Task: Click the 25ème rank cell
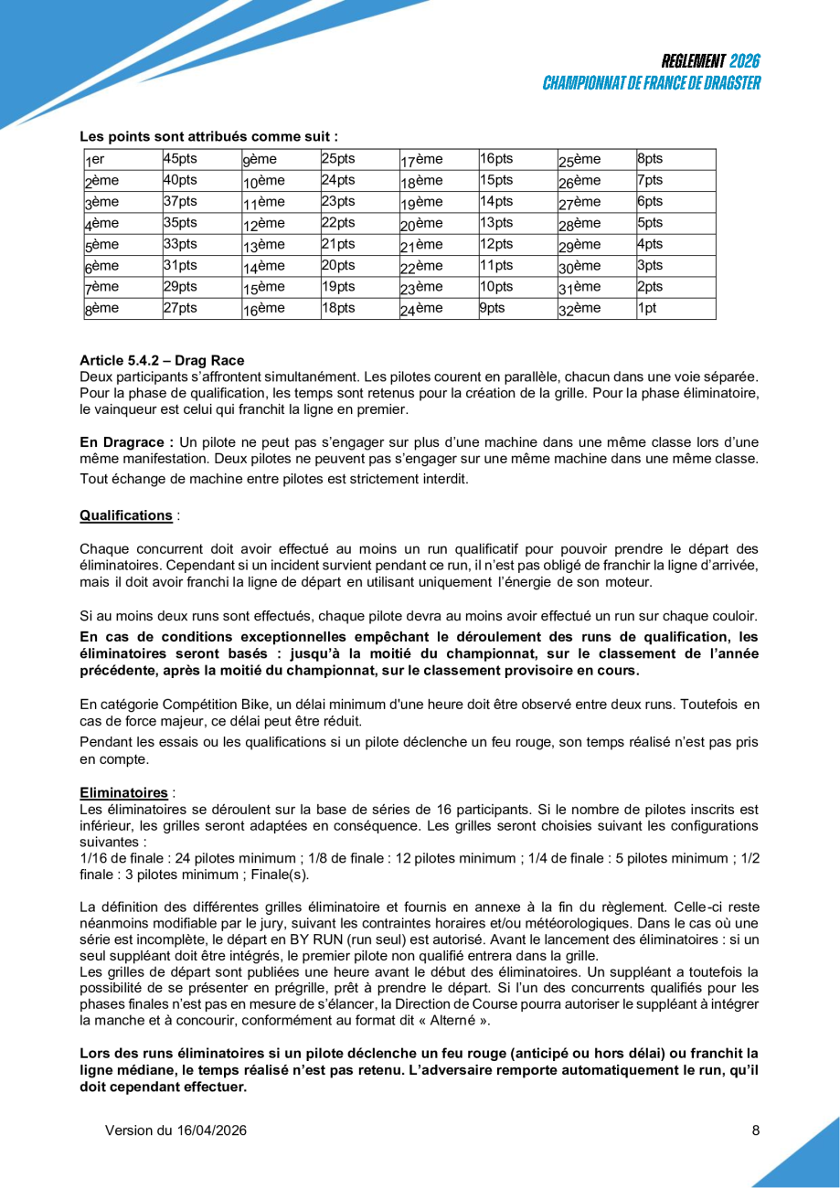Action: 579,159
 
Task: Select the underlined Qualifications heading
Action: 126,515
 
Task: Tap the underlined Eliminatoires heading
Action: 123,792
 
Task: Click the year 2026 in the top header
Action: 745,62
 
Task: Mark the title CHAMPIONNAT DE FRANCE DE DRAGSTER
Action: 651,83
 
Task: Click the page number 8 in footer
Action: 756,1130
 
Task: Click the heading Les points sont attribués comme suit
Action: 208,136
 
